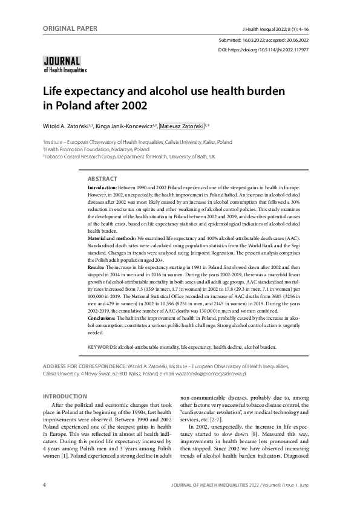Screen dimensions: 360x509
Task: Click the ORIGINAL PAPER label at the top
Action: [70, 28]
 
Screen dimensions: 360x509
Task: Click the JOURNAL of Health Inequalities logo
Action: [62, 64]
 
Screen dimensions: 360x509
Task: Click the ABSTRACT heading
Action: [102, 180]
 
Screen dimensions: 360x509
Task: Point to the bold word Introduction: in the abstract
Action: [105, 189]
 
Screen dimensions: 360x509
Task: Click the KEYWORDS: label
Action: [102, 348]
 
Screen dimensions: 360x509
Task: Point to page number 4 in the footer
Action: [44, 485]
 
